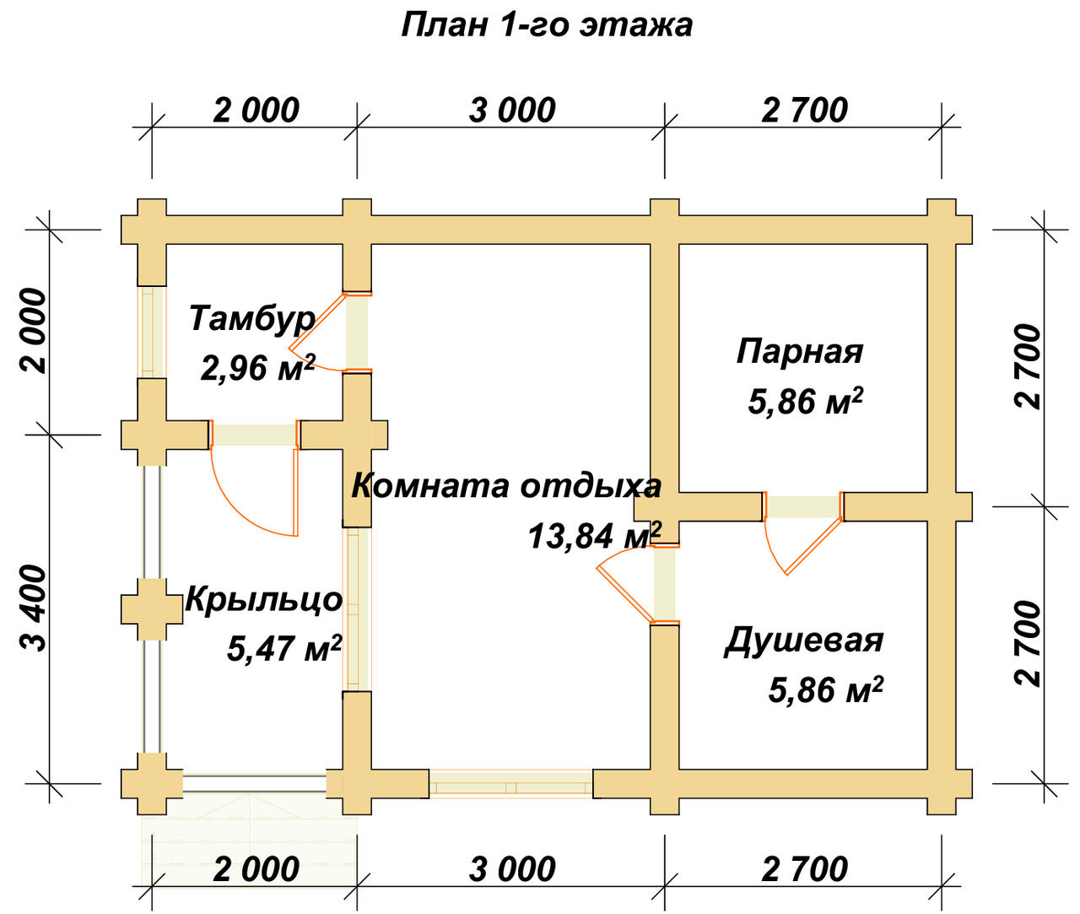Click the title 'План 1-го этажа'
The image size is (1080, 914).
tap(547, 24)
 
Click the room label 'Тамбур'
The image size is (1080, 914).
tap(251, 318)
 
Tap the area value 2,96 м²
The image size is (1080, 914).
tap(257, 367)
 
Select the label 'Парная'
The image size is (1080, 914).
tap(800, 350)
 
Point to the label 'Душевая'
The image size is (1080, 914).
tap(803, 640)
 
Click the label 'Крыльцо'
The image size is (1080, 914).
tap(263, 599)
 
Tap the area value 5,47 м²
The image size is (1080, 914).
tap(283, 648)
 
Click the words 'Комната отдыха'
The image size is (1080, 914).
tap(506, 486)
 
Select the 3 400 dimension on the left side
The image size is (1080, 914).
tap(35, 608)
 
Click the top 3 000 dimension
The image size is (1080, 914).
tap(512, 111)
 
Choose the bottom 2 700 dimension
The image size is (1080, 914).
tap(804, 869)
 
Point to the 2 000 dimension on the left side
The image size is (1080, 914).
tap(35, 331)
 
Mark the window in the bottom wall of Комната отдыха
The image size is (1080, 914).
tap(510, 785)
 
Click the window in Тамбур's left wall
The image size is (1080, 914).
tap(152, 331)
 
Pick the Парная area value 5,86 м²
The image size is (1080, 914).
tap(805, 401)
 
